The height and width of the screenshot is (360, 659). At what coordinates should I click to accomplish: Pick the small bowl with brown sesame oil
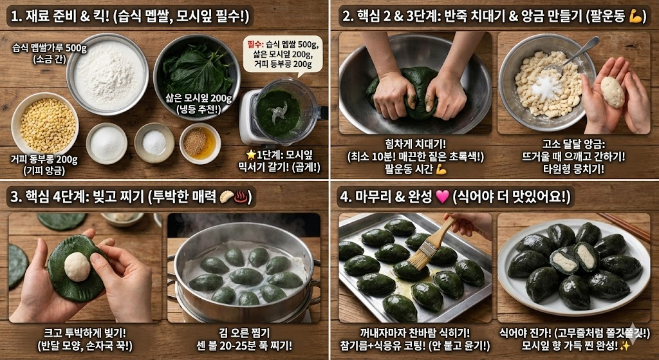pyautogui.click(x=200, y=142)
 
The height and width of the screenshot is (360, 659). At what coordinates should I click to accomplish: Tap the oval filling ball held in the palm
pyautogui.click(x=612, y=92)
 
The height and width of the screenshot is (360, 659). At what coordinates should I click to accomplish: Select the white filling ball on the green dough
pyautogui.click(x=77, y=267)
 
